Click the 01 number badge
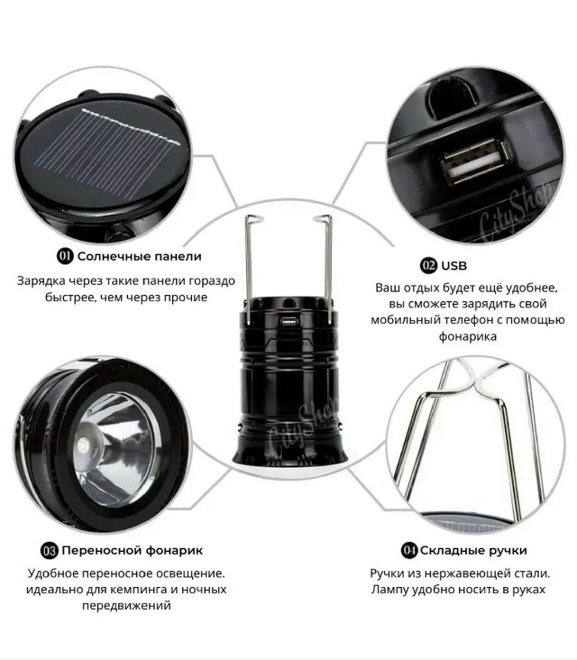point(65,256)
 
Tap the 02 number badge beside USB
point(428,266)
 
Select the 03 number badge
point(49,551)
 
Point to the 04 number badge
point(408,551)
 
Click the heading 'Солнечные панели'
point(140,256)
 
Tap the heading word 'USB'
point(454,266)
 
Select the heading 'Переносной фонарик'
point(133,551)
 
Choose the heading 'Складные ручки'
point(473,551)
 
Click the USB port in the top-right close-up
point(475,161)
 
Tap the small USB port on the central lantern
point(289,322)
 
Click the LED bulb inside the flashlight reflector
point(84,445)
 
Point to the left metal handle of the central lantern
point(249,270)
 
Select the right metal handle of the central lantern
point(326,270)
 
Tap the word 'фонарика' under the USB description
point(468,336)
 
